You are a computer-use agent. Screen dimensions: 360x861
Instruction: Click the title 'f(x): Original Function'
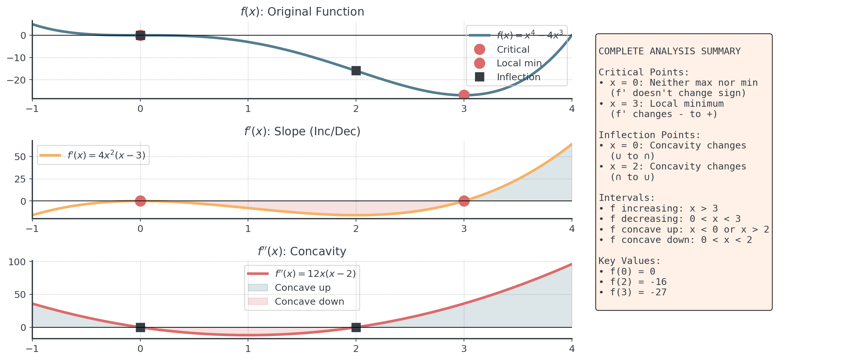click(302, 12)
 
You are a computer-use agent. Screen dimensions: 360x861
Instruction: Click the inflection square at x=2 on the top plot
click(356, 71)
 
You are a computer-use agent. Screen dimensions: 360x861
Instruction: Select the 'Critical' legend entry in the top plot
click(513, 49)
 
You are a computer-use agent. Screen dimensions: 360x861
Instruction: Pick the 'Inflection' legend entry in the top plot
click(518, 77)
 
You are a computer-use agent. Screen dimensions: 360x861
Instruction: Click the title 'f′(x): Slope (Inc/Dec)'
click(302, 132)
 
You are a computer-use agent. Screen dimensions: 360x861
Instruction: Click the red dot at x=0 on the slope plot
click(140, 201)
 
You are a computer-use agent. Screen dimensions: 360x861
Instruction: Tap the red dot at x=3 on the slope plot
click(464, 201)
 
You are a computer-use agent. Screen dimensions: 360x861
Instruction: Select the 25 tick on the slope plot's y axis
click(20, 179)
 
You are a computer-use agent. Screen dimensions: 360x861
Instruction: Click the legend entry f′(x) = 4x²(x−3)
click(106, 156)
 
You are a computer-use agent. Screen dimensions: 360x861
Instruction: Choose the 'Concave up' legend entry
click(302, 288)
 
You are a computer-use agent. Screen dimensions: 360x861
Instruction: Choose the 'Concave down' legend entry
click(309, 301)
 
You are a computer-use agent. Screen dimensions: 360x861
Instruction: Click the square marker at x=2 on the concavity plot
click(356, 327)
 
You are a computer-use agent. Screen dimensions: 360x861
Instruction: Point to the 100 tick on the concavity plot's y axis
click(17, 262)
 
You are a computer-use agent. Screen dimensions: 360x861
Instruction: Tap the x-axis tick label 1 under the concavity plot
click(248, 349)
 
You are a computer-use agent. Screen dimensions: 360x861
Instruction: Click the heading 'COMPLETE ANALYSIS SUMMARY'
click(669, 51)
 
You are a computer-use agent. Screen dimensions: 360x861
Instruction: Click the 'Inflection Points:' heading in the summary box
click(649, 135)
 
